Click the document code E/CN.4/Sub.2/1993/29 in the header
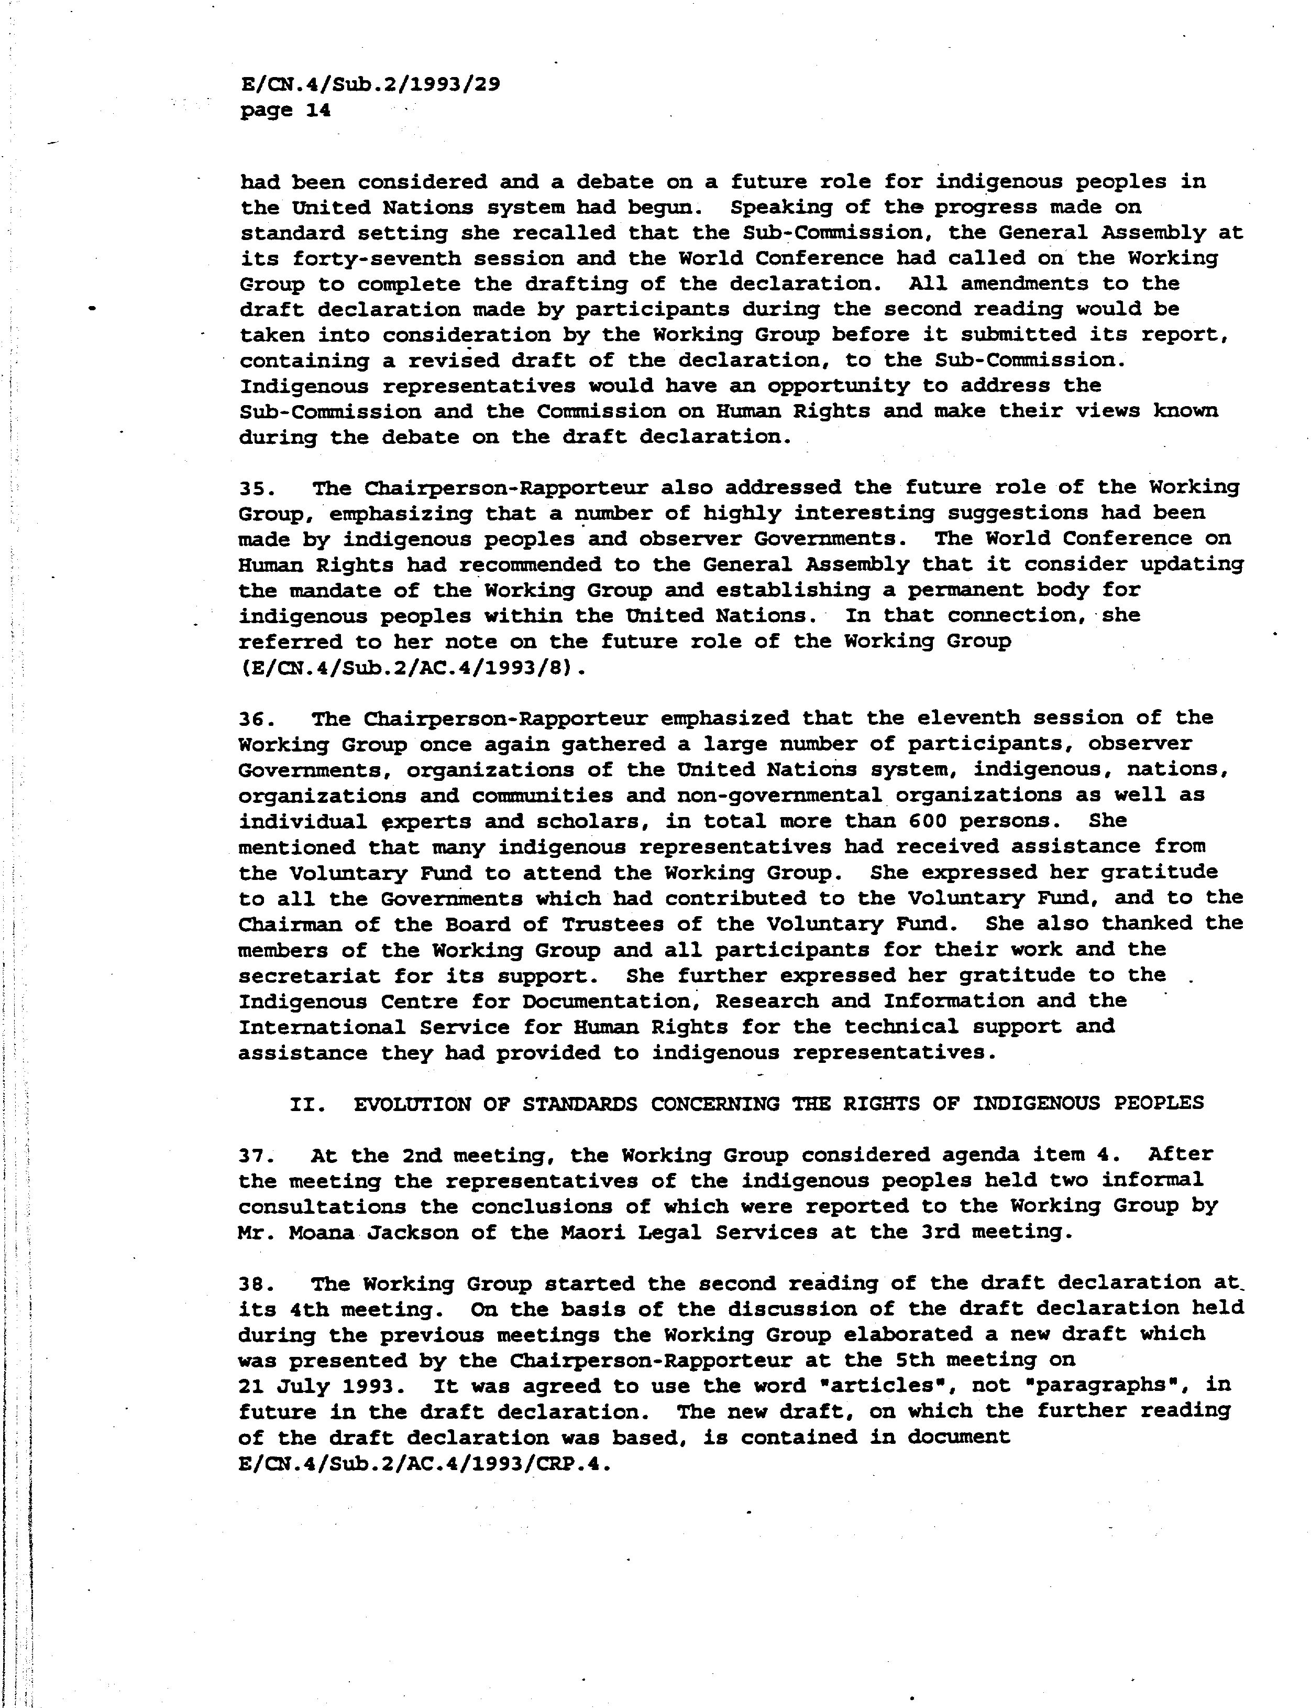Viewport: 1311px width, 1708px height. pyautogui.click(x=370, y=84)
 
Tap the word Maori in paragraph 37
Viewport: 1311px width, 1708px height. pyautogui.click(x=658, y=1232)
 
